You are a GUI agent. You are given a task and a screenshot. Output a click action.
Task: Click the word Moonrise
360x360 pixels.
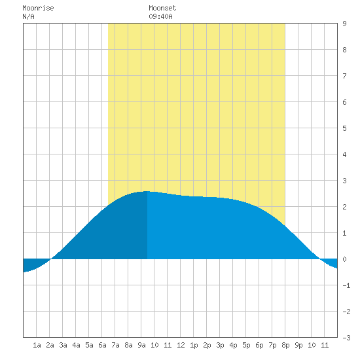tap(38, 8)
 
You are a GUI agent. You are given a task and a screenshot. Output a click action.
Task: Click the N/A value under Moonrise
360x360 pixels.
tap(28, 16)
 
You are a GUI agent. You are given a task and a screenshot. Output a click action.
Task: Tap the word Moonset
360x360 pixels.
tap(162, 8)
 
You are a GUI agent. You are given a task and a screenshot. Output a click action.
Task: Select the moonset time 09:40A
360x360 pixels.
tap(160, 16)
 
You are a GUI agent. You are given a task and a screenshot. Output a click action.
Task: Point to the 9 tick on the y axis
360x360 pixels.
tap(344, 24)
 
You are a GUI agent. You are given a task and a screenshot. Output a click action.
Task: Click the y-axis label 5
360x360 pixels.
tap(344, 128)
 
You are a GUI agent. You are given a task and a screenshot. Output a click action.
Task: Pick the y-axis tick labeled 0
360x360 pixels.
tap(344, 259)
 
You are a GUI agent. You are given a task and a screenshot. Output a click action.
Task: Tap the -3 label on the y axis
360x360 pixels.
tap(346, 338)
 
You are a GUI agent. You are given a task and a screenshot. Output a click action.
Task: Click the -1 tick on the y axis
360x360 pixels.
tap(346, 285)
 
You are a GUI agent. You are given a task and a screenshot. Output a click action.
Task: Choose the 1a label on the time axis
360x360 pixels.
tap(37, 345)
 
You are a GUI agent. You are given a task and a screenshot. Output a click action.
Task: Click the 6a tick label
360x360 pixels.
tap(102, 345)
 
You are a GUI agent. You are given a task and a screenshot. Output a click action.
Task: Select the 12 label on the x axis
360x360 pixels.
tap(181, 345)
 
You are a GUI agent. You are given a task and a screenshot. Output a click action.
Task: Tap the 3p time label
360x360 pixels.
tap(220, 345)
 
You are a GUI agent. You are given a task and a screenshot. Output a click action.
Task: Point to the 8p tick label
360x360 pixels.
tap(285, 345)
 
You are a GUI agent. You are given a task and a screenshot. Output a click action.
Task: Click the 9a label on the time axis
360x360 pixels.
tap(141, 345)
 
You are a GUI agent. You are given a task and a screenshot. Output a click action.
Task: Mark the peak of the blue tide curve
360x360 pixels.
tap(147, 191)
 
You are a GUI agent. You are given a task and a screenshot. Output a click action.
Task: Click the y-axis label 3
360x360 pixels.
tap(344, 181)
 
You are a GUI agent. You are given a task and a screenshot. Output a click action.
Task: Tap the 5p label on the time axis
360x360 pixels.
tap(246, 345)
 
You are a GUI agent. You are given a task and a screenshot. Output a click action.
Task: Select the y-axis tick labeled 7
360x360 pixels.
tap(344, 76)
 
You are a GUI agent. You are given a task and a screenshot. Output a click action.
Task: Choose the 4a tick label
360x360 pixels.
tap(76, 345)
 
